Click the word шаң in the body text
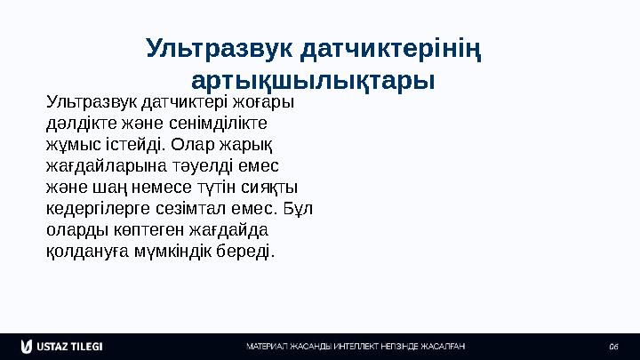(x=105, y=187)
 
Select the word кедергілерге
(x=87, y=208)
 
